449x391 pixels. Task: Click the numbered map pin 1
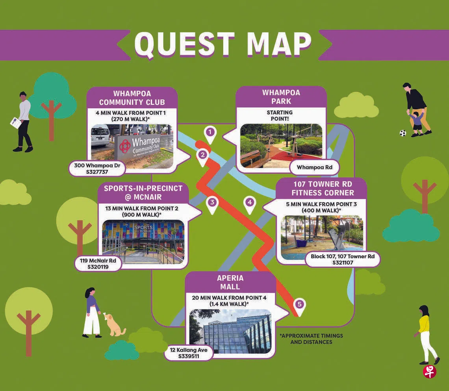(210, 135)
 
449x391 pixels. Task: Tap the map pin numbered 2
(203, 157)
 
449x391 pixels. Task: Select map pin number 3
(212, 204)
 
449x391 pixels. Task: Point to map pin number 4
(250, 204)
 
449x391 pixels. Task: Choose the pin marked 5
(299, 306)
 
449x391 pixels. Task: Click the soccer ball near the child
(403, 133)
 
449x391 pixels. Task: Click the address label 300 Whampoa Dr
(97, 169)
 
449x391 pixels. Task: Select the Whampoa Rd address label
(314, 167)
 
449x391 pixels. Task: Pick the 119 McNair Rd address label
(98, 264)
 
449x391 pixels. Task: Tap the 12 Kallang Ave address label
(188, 353)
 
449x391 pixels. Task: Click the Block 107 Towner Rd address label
(343, 259)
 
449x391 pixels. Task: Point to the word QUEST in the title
(185, 44)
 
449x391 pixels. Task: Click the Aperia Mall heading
(230, 282)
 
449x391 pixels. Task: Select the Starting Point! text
(280, 116)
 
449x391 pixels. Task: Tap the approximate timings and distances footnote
(311, 339)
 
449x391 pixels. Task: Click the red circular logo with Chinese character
(430, 372)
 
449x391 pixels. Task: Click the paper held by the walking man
(16, 122)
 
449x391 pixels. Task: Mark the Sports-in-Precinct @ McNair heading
(143, 193)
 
